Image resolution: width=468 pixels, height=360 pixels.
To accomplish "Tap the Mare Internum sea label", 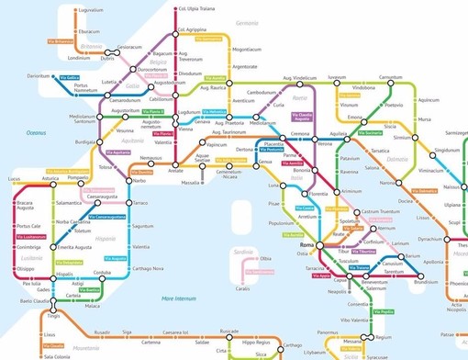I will [x=179, y=298].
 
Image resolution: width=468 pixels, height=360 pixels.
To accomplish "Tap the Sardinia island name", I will [x=242, y=250].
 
